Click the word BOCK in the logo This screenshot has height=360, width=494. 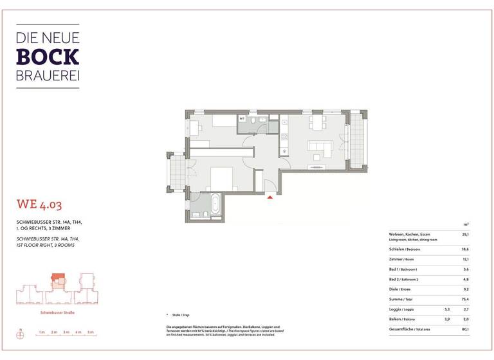(x=48, y=57)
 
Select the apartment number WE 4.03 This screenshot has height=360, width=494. (x=39, y=206)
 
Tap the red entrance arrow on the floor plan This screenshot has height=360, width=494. (x=270, y=197)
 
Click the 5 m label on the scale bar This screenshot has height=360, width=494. (x=91, y=332)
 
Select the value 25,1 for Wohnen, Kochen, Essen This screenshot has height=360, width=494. (x=465, y=235)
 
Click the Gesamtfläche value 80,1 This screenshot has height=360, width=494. (x=465, y=329)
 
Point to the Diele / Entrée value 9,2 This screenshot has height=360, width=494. (x=465, y=289)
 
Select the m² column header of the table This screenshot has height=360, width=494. (x=465, y=224)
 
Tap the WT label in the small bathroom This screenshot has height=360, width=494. (x=242, y=119)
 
